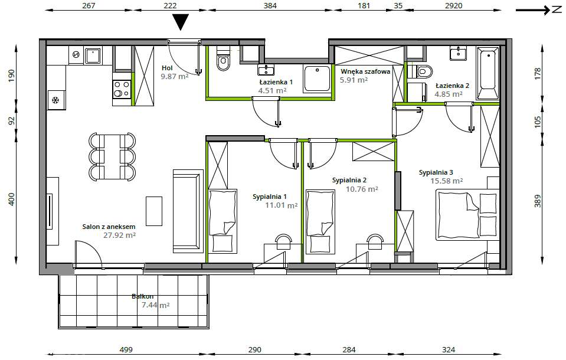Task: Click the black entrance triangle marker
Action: point(181,22)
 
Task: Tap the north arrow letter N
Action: point(557,10)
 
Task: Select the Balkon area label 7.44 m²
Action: point(156,305)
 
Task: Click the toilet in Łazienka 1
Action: point(223,60)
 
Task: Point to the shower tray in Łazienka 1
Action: point(317,78)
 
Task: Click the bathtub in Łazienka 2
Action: point(488,74)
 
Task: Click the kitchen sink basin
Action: point(93,56)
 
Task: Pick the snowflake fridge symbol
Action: point(55,100)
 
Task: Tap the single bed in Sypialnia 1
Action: point(223,221)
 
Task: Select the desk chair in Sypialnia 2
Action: point(375,240)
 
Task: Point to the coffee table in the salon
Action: point(154,211)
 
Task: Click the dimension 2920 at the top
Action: point(453,5)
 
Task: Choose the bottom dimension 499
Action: point(126,349)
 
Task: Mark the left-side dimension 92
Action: point(12,120)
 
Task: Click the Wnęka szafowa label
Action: point(365,71)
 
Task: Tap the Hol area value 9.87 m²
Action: point(175,76)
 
